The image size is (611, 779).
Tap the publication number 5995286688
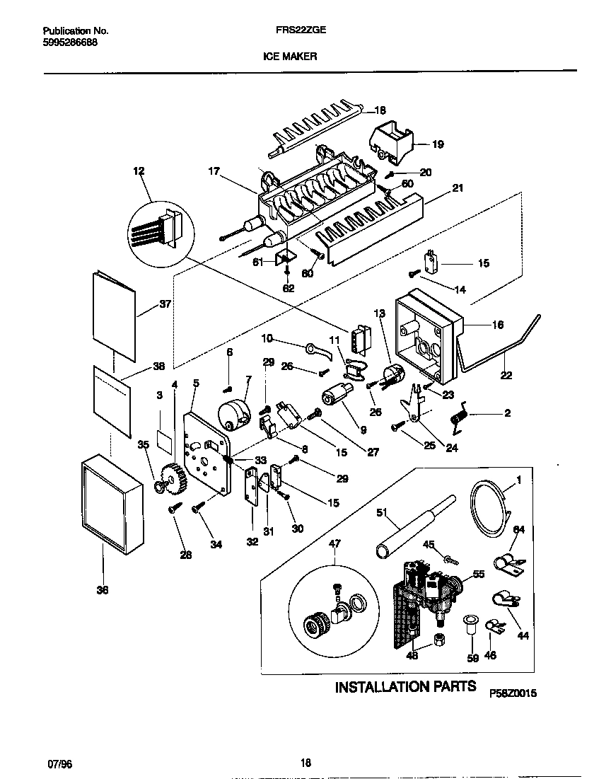tap(70, 42)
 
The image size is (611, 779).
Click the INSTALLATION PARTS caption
tap(405, 686)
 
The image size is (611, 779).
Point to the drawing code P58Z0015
tap(513, 694)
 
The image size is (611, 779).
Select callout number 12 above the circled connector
tap(138, 171)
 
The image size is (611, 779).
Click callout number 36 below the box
tap(103, 591)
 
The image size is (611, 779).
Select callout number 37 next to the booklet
tap(165, 304)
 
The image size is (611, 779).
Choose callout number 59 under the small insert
tap(473, 657)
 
